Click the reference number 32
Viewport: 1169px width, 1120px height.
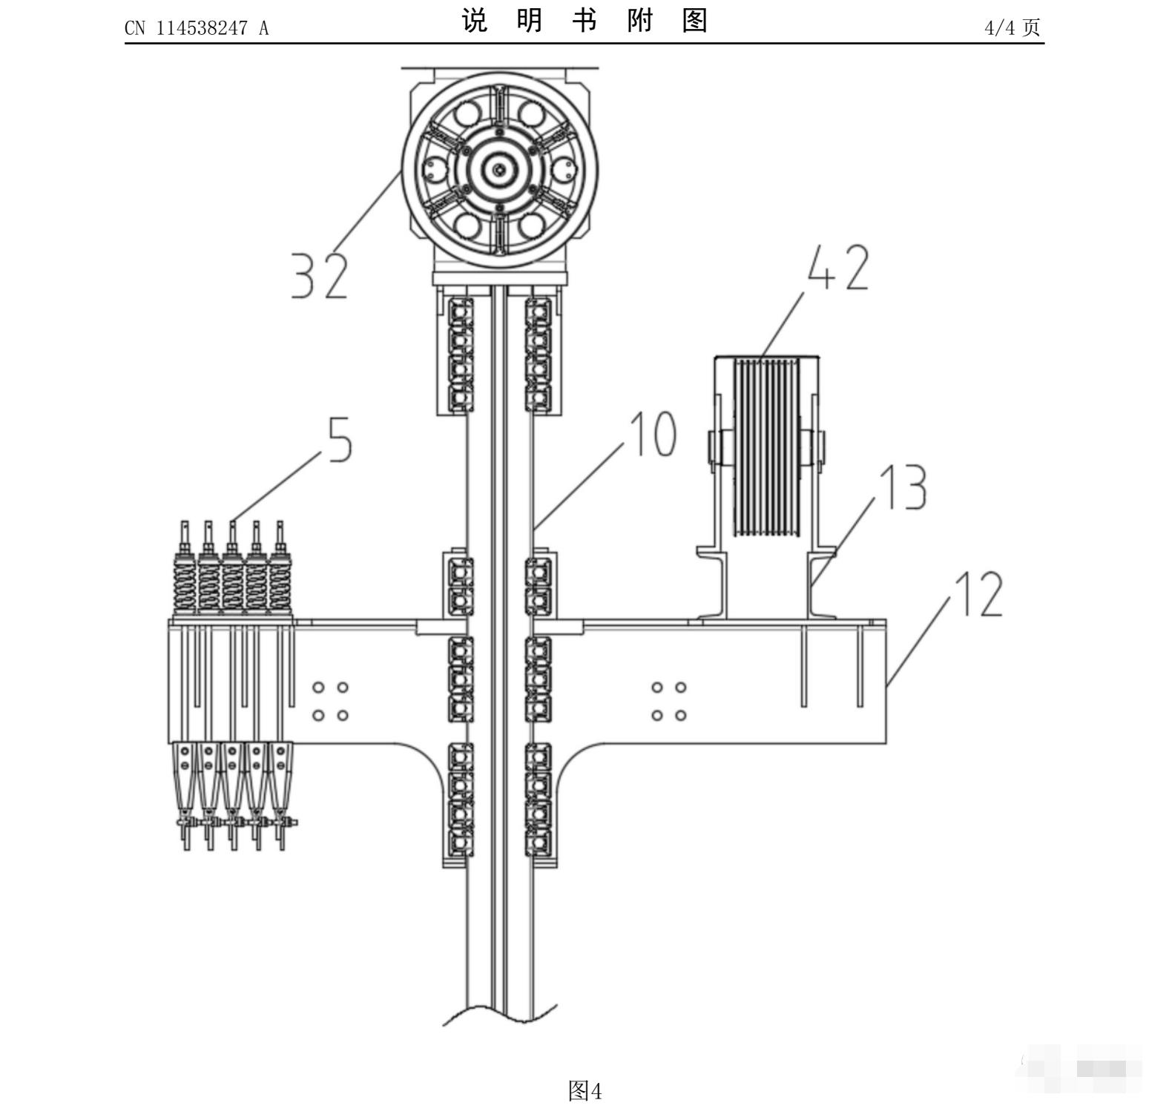click(x=319, y=275)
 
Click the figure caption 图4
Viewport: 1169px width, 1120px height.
click(x=584, y=1090)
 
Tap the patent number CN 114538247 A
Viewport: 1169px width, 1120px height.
click(x=197, y=28)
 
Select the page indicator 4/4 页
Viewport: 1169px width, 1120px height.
click(x=1012, y=28)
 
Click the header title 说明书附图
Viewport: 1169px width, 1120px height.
click(x=584, y=21)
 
